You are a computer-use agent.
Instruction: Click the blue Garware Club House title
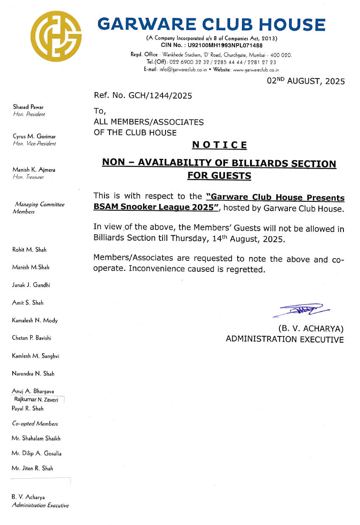click(x=211, y=25)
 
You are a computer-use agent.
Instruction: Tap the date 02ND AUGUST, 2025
click(x=306, y=81)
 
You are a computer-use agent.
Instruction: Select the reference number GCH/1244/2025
click(x=160, y=96)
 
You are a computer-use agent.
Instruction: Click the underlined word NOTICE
click(x=219, y=145)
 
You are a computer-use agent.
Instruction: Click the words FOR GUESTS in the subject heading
click(x=219, y=175)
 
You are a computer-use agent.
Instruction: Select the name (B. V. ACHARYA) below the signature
click(x=311, y=328)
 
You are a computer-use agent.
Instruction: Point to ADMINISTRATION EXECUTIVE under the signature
click(x=284, y=339)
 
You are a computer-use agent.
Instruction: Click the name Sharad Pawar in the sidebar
click(x=28, y=107)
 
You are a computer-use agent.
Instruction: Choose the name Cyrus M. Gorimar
click(x=34, y=136)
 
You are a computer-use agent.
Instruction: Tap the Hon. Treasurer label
click(x=28, y=177)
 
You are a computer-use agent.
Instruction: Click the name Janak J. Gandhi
click(x=31, y=285)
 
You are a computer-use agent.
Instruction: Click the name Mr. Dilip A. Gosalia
click(x=37, y=453)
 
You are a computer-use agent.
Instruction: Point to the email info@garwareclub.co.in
click(x=183, y=70)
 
